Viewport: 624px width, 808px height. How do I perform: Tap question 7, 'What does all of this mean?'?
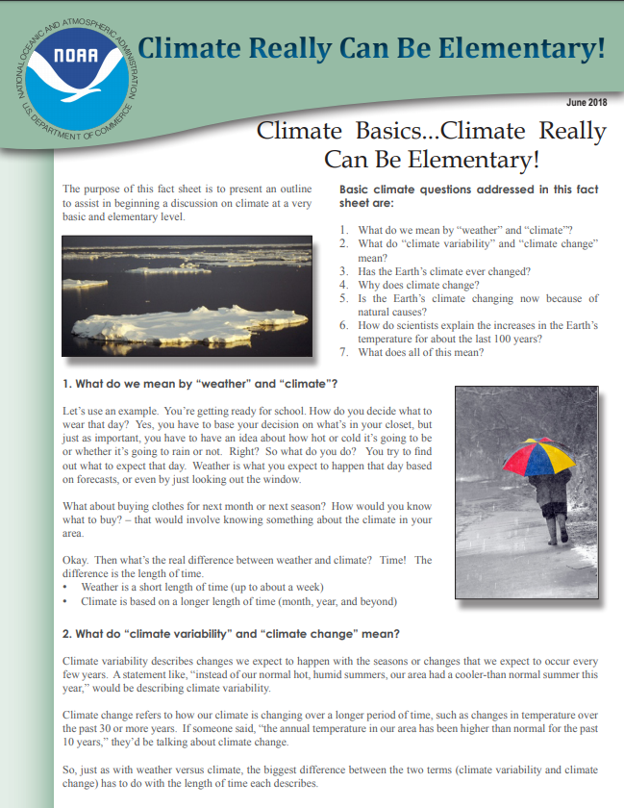pyautogui.click(x=420, y=352)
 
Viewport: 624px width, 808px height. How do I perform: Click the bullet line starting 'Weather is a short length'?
pyautogui.click(x=202, y=587)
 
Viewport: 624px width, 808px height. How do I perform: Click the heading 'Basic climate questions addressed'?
pyautogui.click(x=468, y=196)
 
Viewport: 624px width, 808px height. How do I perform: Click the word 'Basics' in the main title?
pyautogui.click(x=388, y=132)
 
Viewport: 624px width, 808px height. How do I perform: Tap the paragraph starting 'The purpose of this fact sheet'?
pyautogui.click(x=187, y=203)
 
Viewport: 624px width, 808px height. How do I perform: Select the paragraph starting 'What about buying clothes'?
pyautogui.click(x=246, y=519)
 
